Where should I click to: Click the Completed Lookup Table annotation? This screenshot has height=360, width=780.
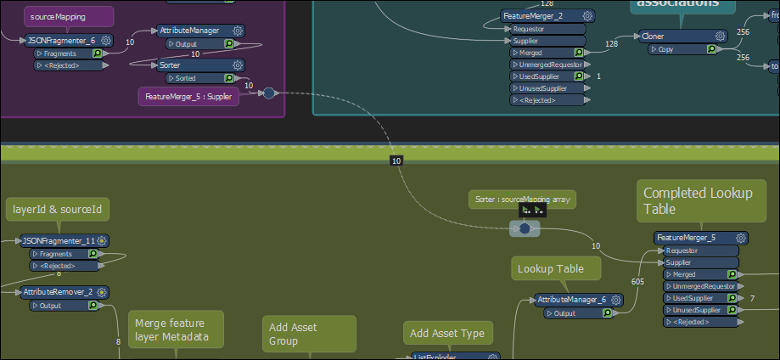pos(698,201)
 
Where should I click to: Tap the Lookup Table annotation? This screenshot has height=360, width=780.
pos(556,269)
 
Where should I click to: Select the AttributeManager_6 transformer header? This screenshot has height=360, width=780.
pos(571,300)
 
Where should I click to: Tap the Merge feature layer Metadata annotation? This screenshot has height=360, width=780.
pos(175,329)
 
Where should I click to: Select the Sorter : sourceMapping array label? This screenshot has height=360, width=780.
pos(522,200)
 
